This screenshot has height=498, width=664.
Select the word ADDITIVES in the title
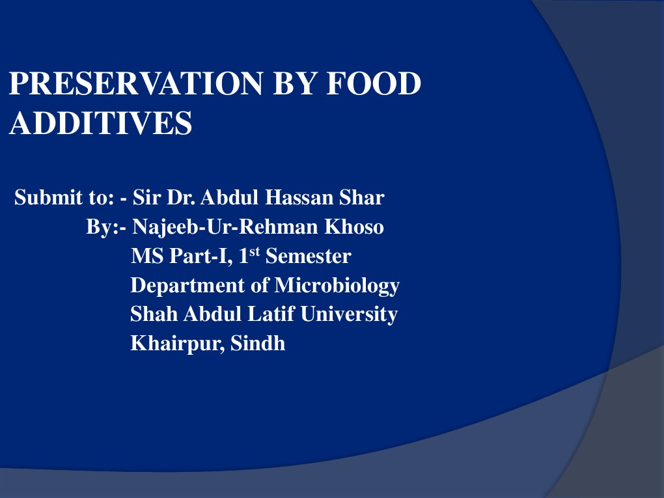(x=101, y=122)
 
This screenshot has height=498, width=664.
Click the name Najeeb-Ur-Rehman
(x=226, y=227)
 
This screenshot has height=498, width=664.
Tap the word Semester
(x=308, y=256)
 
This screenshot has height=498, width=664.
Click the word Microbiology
(x=337, y=285)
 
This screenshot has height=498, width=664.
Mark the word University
(x=348, y=314)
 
